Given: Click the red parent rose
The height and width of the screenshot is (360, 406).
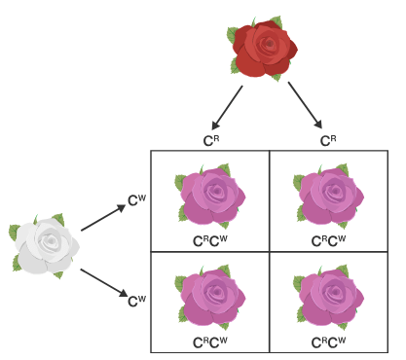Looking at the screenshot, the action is click(x=262, y=48).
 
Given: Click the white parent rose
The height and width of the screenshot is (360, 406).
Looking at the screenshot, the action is click(x=44, y=246).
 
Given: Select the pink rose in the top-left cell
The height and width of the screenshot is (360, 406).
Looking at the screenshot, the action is click(x=210, y=196).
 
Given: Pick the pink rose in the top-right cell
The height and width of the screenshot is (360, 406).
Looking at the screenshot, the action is click(x=328, y=196).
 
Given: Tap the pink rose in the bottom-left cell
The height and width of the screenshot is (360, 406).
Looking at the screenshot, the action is click(x=210, y=297).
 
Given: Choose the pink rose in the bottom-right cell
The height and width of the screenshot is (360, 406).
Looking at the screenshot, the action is click(x=328, y=297).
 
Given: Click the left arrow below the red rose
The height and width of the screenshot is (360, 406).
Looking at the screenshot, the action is click(x=227, y=107).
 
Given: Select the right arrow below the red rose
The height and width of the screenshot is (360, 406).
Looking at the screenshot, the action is click(x=305, y=105).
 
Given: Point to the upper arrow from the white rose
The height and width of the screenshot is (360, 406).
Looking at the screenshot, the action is click(x=103, y=218).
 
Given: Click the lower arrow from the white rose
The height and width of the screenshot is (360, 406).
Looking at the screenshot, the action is click(x=104, y=282).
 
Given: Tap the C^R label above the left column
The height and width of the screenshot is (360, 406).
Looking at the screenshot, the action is click(x=211, y=141).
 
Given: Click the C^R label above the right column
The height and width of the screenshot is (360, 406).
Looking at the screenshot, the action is click(x=328, y=141).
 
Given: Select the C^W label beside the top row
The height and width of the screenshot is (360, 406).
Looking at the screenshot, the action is click(x=137, y=200).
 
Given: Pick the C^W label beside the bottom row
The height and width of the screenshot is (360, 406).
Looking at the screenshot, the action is click(x=137, y=301).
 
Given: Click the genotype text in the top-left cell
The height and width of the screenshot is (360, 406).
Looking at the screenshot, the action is click(x=210, y=241).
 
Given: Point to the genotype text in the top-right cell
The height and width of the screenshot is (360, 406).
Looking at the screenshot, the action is click(x=328, y=241).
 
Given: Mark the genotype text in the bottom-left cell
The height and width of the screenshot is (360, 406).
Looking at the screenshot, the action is click(x=210, y=342).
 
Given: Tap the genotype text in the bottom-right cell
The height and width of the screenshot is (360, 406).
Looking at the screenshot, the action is click(x=328, y=342).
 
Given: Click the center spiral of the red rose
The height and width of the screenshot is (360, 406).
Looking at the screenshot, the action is click(x=270, y=44).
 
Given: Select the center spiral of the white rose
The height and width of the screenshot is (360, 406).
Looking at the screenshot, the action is click(x=51, y=240).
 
